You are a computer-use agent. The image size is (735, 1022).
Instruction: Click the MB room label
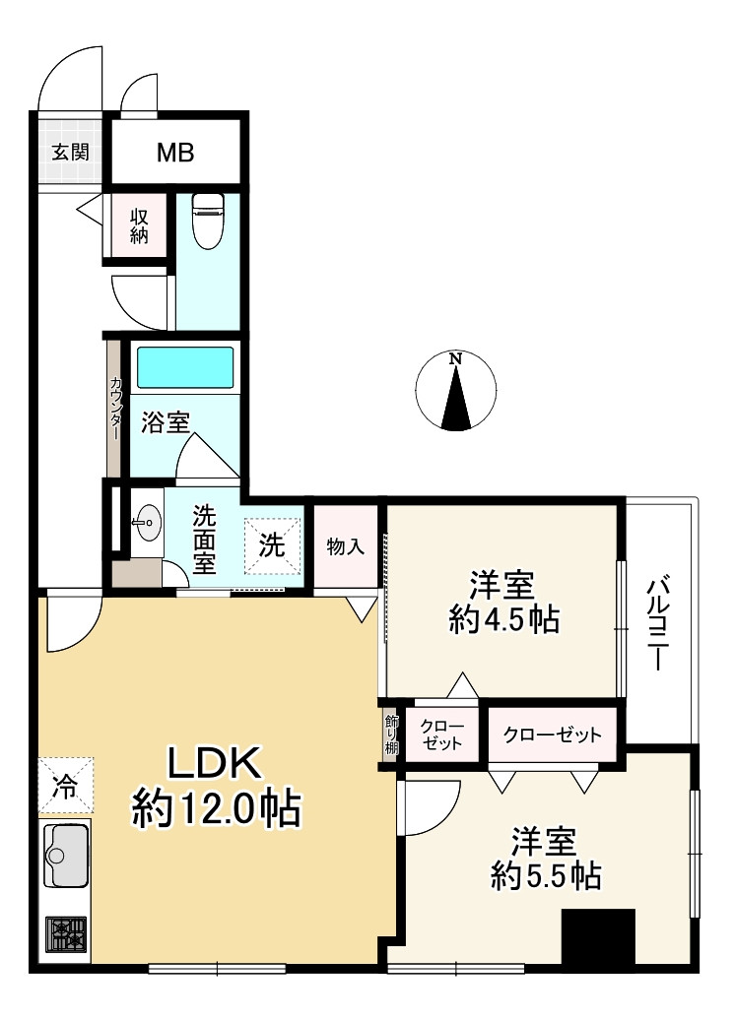(175, 153)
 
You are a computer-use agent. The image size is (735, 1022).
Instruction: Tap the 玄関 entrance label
(70, 153)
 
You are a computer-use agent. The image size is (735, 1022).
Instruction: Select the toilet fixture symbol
(208, 221)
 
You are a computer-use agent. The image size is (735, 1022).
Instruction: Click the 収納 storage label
(139, 226)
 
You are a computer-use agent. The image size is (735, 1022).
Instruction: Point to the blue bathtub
(185, 368)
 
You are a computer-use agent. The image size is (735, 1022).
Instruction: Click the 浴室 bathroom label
(166, 423)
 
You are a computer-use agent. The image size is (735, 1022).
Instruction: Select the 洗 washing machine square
(272, 546)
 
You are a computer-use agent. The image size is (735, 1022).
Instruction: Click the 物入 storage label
(346, 546)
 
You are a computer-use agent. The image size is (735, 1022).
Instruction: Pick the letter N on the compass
(456, 358)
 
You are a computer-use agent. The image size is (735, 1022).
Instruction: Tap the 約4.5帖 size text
(503, 620)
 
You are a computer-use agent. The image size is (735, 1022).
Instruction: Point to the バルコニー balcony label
(657, 624)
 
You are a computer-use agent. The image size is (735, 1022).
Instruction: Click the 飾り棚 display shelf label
(391, 734)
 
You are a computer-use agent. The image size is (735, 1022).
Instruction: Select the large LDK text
(216, 762)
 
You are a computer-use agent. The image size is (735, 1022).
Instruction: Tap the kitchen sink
(66, 856)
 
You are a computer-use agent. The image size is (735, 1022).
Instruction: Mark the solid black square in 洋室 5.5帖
(598, 937)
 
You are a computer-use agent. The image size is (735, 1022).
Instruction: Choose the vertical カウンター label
(116, 408)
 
